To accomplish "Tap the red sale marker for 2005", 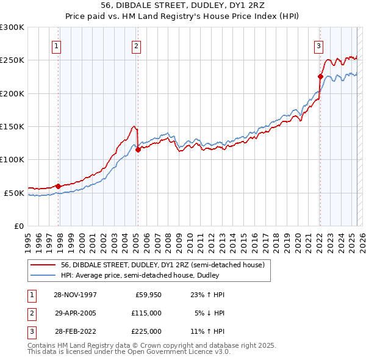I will (138, 149).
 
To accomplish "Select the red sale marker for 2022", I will (320, 76).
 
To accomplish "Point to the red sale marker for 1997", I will (59, 186).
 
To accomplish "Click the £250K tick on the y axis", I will (12, 60).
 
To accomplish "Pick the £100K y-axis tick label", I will (12, 159).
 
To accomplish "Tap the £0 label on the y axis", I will (18, 226).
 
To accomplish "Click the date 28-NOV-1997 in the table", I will (76, 295).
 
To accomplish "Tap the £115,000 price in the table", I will (146, 313).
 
